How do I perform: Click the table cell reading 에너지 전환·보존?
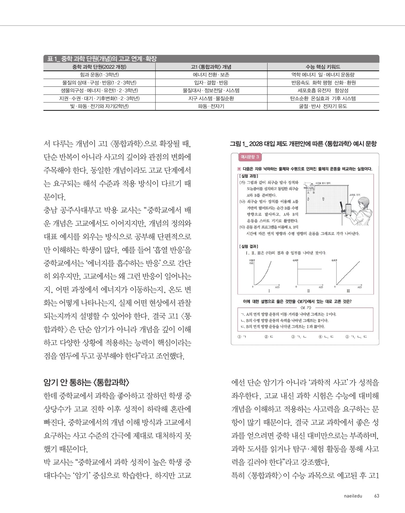point(211,75)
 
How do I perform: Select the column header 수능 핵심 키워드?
point(323,67)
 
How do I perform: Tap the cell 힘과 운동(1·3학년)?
point(99,75)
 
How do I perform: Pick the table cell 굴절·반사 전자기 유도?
point(323,106)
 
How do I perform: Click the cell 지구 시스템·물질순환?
point(211,98)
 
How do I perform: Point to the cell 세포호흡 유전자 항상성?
point(323,91)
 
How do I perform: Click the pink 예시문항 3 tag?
point(250,157)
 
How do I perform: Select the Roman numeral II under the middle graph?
point(308,291)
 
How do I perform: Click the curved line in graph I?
point(264,275)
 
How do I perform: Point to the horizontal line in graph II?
point(309,269)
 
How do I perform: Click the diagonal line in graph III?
point(348,273)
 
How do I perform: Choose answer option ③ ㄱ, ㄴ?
point(299,337)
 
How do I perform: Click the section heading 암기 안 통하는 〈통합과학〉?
point(86,383)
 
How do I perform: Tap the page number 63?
point(377,496)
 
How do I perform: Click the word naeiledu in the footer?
point(353,496)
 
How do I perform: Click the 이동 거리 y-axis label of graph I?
point(251,262)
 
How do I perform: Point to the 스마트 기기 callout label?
point(355,195)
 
